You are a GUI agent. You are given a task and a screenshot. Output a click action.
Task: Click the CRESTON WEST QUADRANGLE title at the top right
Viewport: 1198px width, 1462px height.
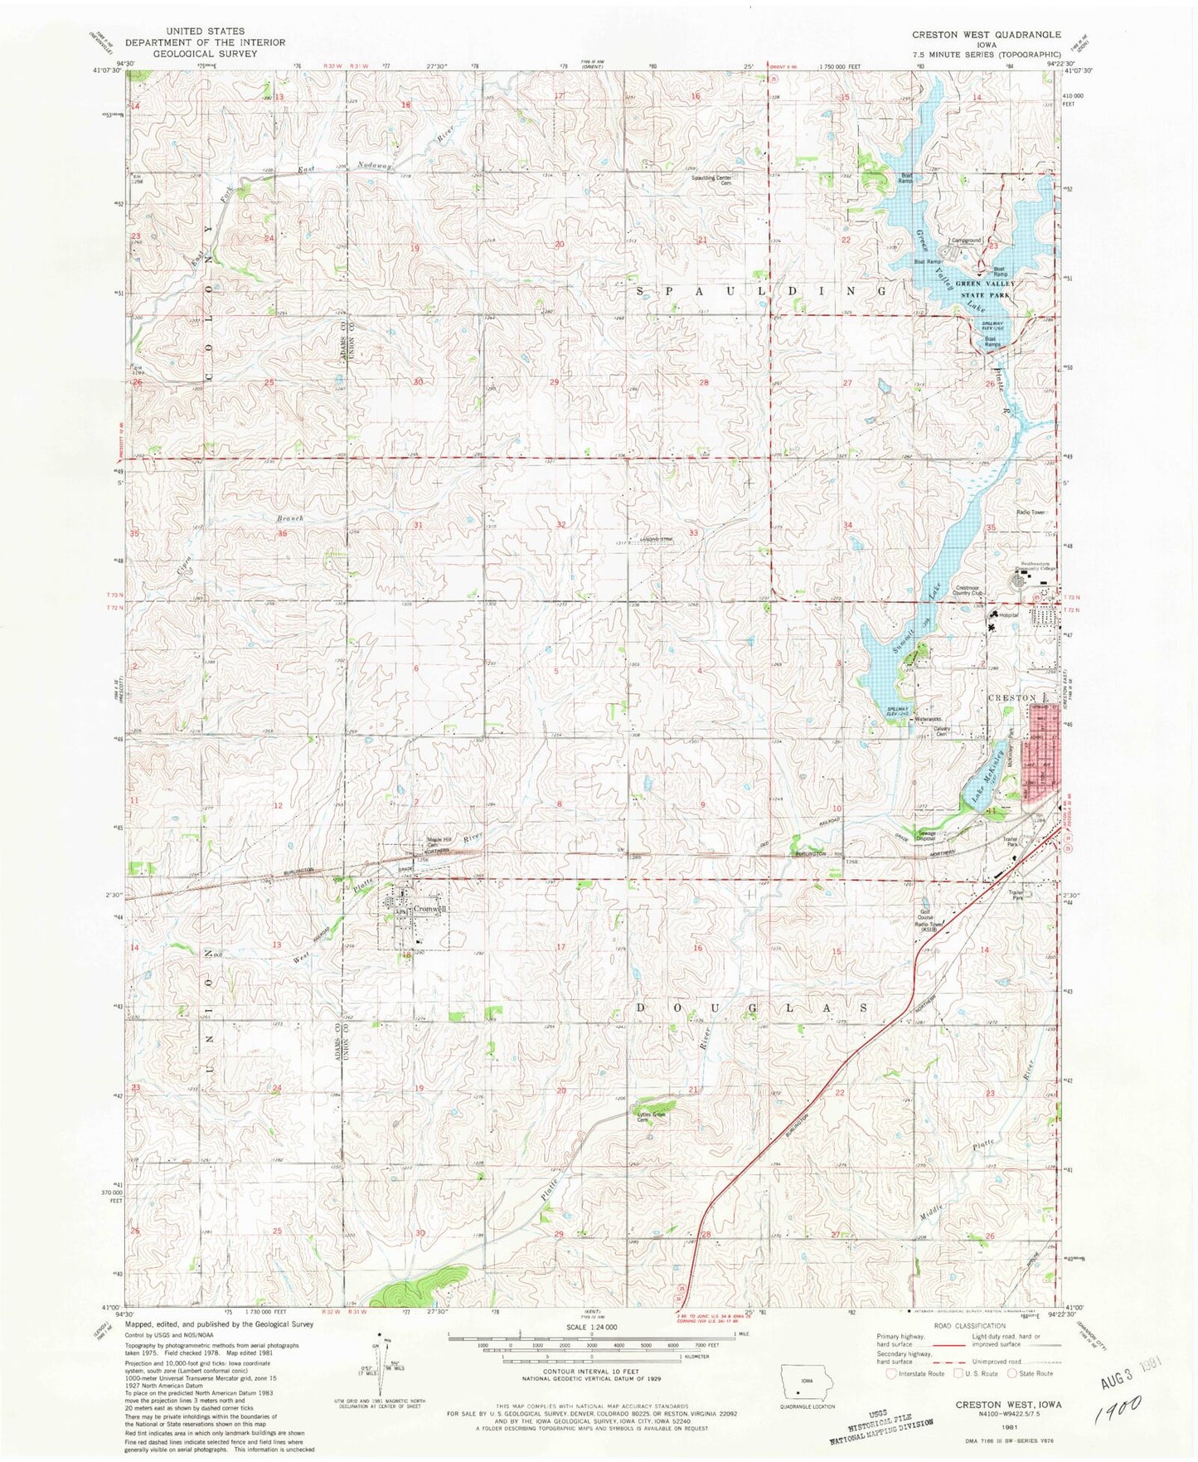(986, 35)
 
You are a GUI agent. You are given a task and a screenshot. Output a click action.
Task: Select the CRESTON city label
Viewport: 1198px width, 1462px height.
(1012, 697)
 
